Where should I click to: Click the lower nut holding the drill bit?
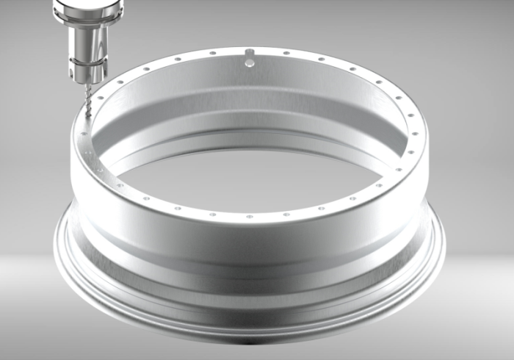(x=86, y=74)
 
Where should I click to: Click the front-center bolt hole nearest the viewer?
(x=250, y=217)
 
